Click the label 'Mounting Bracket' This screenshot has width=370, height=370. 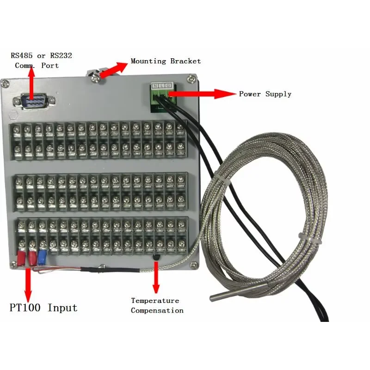(x=166, y=61)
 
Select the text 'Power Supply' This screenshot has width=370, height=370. (x=265, y=94)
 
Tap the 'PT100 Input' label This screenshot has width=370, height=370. (x=43, y=308)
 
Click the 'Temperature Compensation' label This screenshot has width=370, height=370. (x=157, y=305)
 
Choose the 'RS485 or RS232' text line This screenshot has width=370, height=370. (x=42, y=55)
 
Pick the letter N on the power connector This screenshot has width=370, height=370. (x=155, y=86)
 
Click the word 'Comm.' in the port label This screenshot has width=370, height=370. (x=25, y=66)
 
